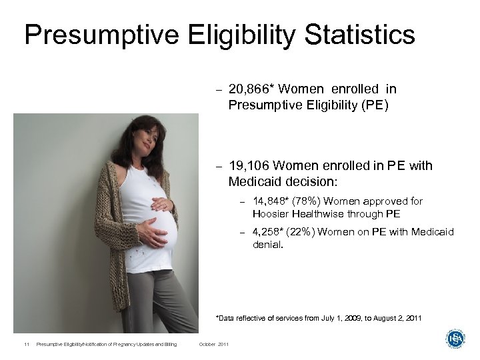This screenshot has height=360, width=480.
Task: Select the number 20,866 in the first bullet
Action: pyautogui.click(x=250, y=89)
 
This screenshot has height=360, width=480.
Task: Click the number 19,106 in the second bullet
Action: pyautogui.click(x=249, y=166)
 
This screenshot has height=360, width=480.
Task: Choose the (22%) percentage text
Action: pyautogui.click(x=302, y=232)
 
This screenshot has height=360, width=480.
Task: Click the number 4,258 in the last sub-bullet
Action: pyautogui.click(x=268, y=232)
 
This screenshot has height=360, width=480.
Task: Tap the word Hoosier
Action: pyautogui.click(x=272, y=214)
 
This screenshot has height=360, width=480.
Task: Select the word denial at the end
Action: pyautogui.click(x=267, y=244)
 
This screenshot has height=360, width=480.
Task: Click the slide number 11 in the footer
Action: pyautogui.click(x=25, y=344)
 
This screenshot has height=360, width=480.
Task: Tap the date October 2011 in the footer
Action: pyautogui.click(x=214, y=344)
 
